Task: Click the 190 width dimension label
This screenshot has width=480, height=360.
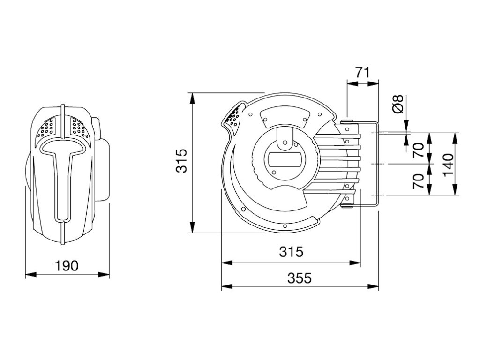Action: [67, 266]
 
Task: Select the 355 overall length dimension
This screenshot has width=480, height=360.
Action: [300, 278]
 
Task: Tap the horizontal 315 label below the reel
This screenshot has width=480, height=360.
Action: [291, 252]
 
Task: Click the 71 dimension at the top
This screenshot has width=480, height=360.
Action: [363, 73]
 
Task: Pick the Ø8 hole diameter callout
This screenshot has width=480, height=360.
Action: [398, 104]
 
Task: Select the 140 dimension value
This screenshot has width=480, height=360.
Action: [448, 165]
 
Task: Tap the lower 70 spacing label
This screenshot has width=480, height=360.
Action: [419, 180]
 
